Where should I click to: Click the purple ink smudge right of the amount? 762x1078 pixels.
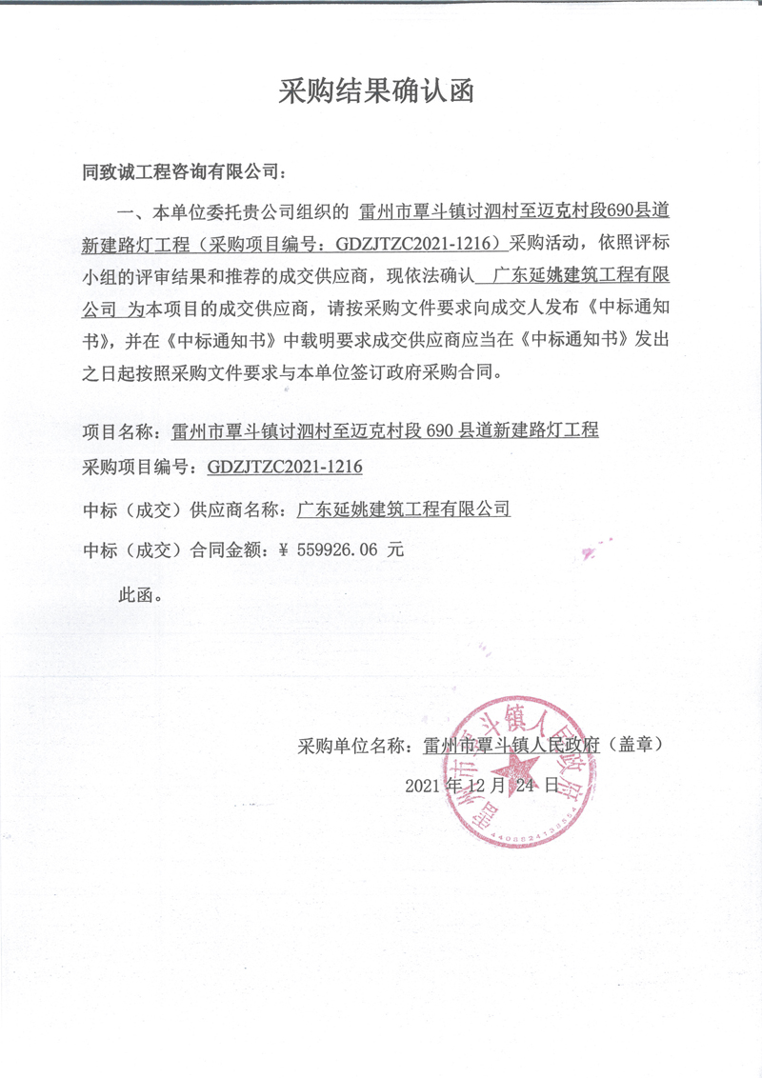[591, 549]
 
